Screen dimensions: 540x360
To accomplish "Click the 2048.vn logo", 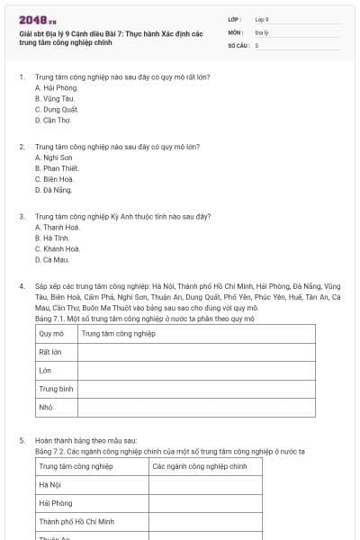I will [38, 20].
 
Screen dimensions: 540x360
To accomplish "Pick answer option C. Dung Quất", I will [57, 109].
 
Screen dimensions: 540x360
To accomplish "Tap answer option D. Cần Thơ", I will [52, 119].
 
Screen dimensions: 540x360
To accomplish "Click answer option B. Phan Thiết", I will [56, 168].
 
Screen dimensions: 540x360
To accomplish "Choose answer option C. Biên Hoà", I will [54, 179].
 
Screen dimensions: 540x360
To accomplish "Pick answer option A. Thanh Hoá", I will [57, 228].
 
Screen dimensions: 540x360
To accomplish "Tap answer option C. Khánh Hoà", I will [58, 248].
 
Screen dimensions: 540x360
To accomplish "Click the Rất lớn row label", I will [50, 352].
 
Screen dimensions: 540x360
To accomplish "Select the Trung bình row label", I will [56, 389].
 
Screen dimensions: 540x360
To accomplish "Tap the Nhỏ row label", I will [46, 407].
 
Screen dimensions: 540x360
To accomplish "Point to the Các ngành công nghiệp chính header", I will [200, 466].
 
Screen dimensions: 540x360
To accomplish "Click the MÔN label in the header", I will [236, 31].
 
